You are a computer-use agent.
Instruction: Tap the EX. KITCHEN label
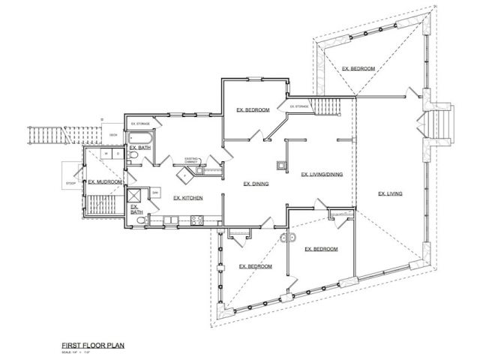(x=187, y=198)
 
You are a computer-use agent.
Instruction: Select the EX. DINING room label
(x=256, y=182)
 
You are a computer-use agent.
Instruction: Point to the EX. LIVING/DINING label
(x=322, y=175)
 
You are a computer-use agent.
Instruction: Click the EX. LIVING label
(x=391, y=193)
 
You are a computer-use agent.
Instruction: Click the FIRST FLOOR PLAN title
(x=93, y=346)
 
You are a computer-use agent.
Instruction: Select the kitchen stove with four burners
(x=198, y=220)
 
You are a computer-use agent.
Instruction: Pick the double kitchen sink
(x=169, y=220)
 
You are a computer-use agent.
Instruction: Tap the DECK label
(x=112, y=135)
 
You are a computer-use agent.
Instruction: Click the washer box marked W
(x=107, y=154)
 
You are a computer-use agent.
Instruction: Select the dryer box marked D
(x=118, y=154)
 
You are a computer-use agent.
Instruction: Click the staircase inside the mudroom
(x=100, y=203)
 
